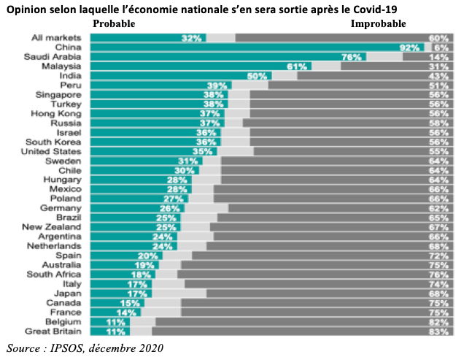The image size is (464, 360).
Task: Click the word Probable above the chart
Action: [x=115, y=23]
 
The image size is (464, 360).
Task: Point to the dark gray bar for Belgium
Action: [x=292, y=321]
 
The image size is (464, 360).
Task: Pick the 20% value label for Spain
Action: [x=148, y=255]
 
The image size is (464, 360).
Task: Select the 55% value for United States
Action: [x=438, y=150]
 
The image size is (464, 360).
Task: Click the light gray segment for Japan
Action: [x=182, y=293]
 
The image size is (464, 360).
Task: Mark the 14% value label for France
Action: [x=127, y=311]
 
